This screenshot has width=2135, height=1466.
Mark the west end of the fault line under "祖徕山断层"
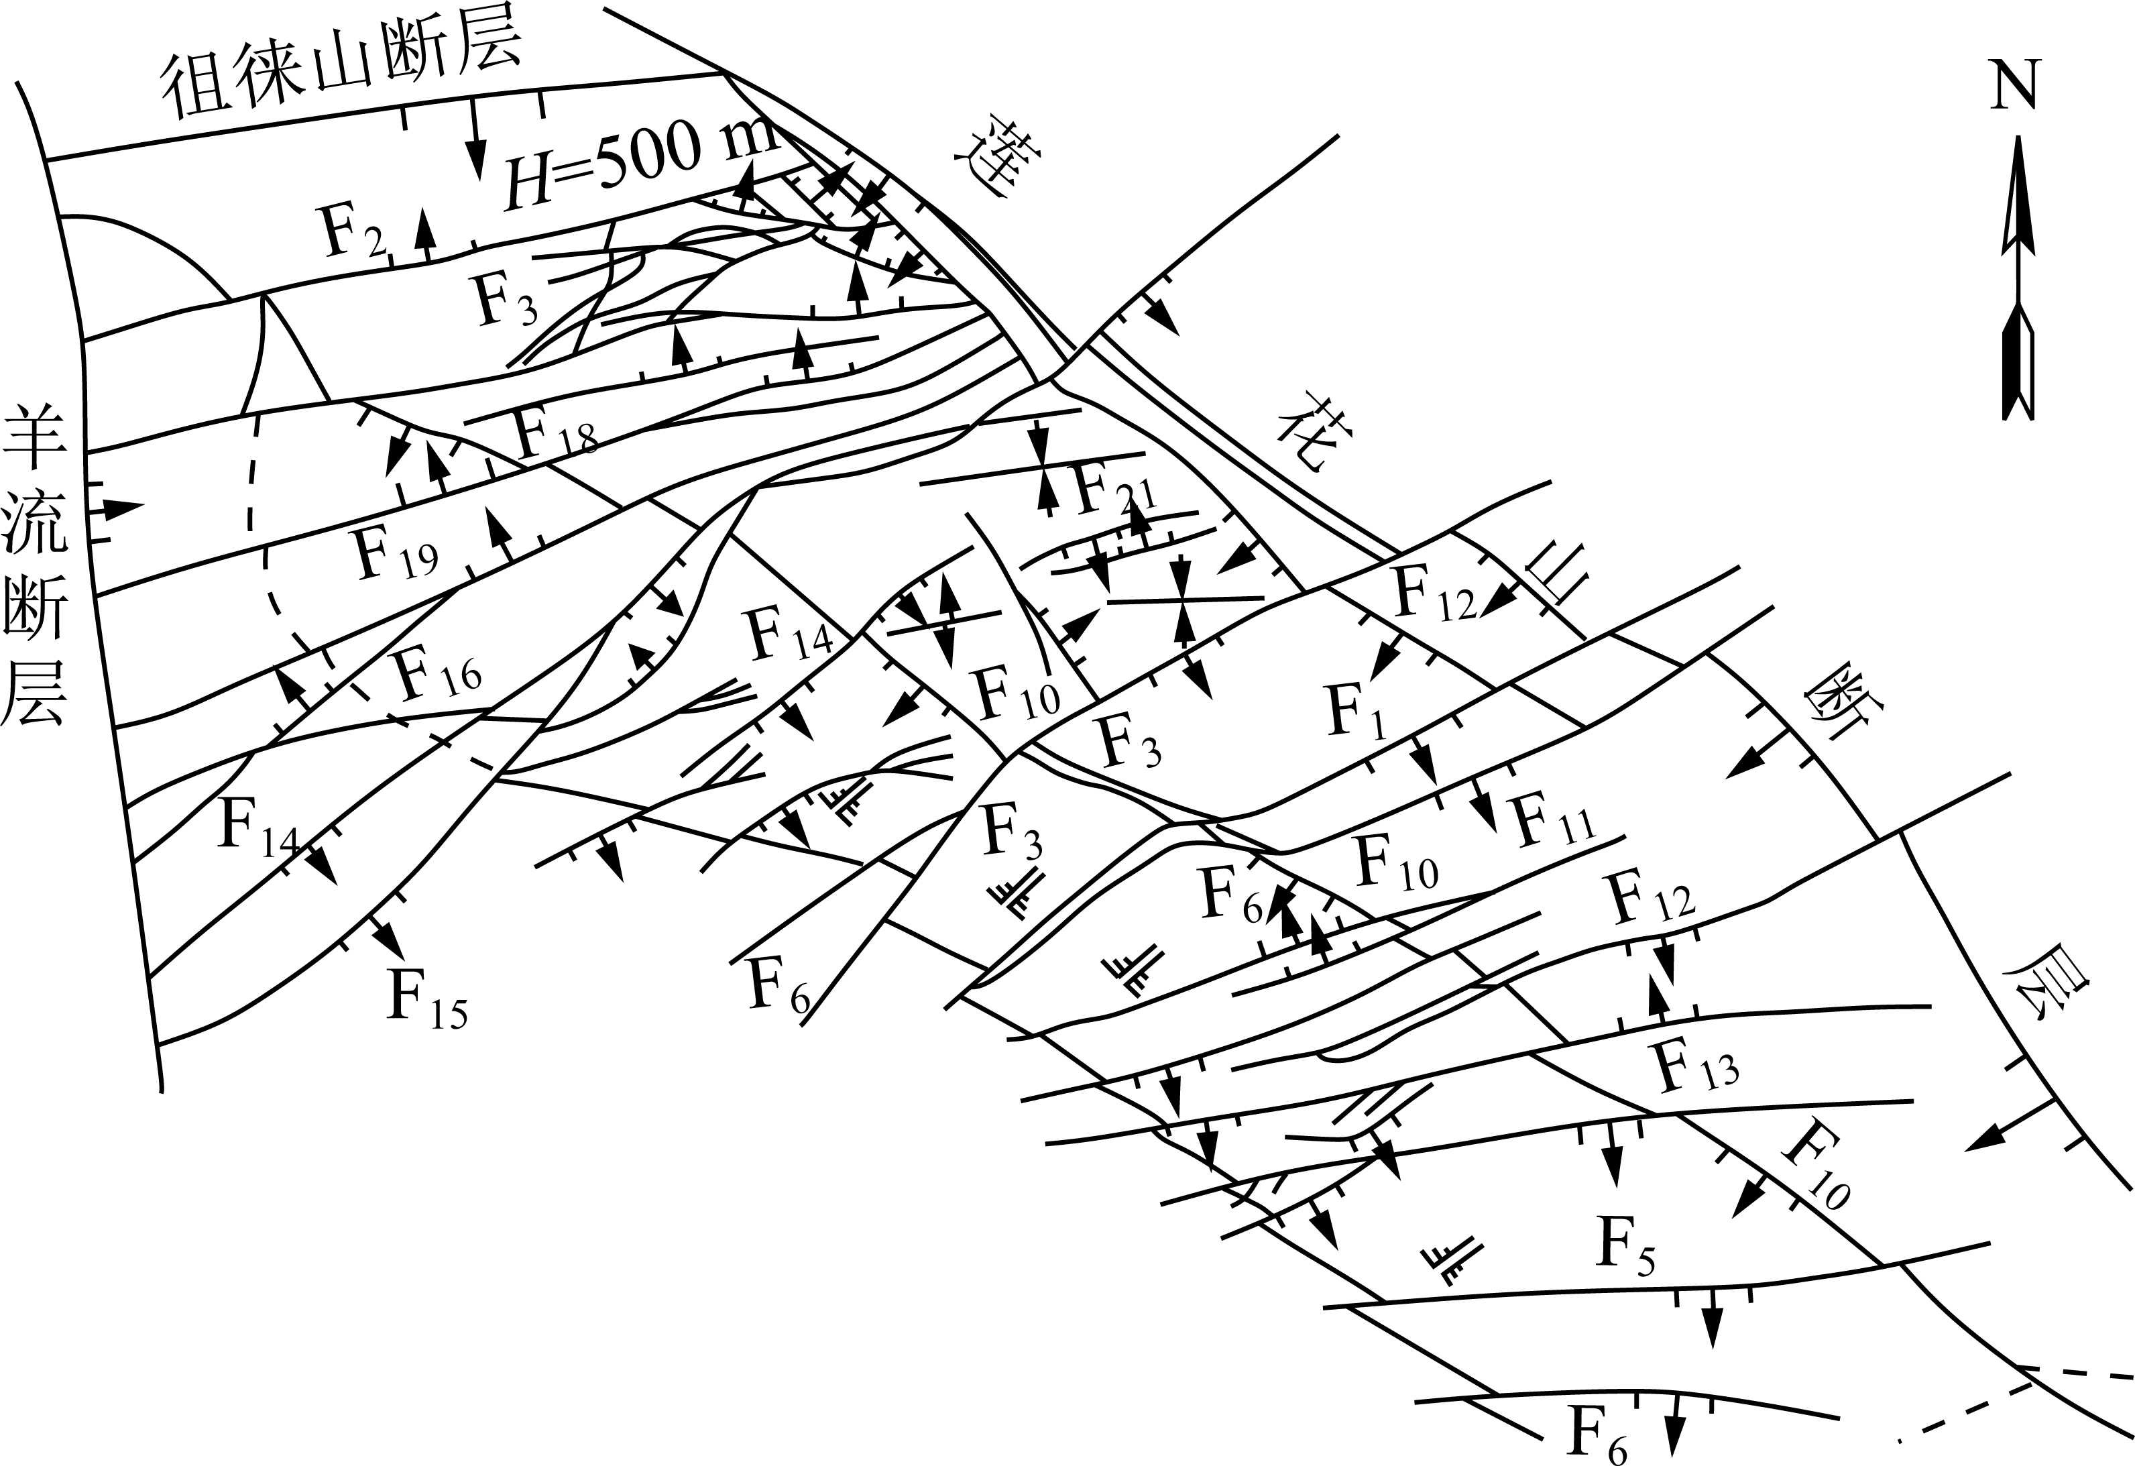tap(46, 159)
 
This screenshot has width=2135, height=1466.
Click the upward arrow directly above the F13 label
tap(1658, 997)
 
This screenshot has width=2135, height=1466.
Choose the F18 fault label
tap(557, 433)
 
